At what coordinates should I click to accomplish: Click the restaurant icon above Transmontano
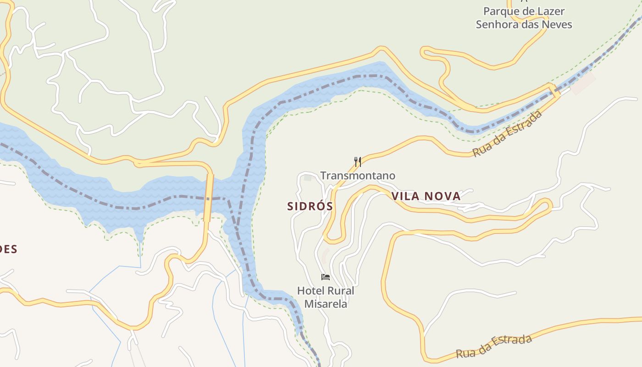point(358,161)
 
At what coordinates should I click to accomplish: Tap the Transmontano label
point(358,176)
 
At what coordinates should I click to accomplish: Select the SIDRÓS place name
point(310,206)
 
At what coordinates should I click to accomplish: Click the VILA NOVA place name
point(426,196)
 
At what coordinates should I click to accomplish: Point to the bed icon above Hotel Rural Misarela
point(326,277)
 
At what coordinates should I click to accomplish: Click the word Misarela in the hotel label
point(326,304)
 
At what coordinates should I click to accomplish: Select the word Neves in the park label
point(557,24)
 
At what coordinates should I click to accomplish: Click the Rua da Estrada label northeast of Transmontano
point(507,133)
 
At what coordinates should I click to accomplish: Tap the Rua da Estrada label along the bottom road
point(494,346)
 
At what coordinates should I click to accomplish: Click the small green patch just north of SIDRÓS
point(308,178)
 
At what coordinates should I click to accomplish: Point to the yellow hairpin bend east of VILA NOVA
point(547,205)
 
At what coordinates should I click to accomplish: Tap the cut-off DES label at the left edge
point(8,250)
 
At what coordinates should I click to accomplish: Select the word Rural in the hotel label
point(340,291)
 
